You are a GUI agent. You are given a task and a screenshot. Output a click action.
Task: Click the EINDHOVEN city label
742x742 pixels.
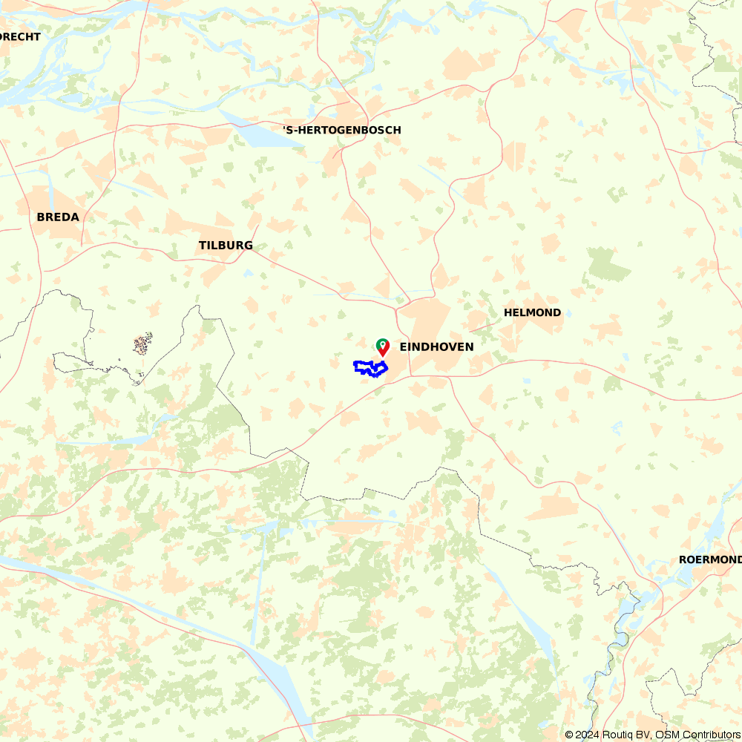click(x=436, y=347)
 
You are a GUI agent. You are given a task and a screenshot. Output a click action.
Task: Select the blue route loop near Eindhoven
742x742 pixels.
click(x=370, y=368)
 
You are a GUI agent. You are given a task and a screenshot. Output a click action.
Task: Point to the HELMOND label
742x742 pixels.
click(x=532, y=313)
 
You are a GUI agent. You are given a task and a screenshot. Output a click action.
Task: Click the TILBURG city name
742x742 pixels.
click(x=226, y=246)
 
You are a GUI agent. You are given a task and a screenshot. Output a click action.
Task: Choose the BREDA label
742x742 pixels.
click(x=58, y=217)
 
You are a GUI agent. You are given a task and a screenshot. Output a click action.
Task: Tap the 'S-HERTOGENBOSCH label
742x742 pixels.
click(x=342, y=131)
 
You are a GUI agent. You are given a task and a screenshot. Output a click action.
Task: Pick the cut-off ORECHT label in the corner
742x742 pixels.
click(x=21, y=37)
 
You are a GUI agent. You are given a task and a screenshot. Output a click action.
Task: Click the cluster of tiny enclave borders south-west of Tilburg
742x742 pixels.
click(x=142, y=344)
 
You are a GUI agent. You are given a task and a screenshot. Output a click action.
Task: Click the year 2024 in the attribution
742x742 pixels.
click(x=588, y=735)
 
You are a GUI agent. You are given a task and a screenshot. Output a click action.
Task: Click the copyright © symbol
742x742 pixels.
click(x=569, y=735)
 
